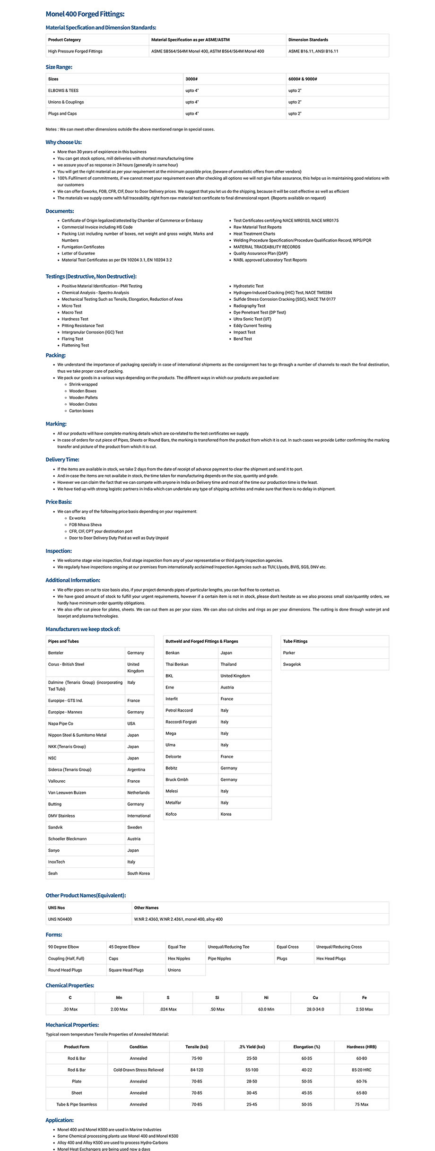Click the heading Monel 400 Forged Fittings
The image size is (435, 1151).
click(x=85, y=14)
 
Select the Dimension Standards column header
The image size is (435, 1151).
click(x=308, y=40)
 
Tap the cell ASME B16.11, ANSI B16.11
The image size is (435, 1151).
click(x=313, y=51)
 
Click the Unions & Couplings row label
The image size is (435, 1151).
click(x=66, y=102)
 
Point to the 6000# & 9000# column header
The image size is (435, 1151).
click(x=303, y=79)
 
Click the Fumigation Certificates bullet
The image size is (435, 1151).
click(x=83, y=247)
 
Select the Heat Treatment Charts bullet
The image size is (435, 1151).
click(x=254, y=234)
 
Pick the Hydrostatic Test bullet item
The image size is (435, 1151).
click(x=248, y=286)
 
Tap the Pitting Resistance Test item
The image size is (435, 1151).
click(x=82, y=326)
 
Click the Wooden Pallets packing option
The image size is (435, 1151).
click(x=83, y=398)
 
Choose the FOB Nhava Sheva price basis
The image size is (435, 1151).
click(x=85, y=525)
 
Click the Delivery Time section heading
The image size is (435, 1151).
click(x=62, y=460)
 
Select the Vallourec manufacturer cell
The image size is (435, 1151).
click(x=57, y=781)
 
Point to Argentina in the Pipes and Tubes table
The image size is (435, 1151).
click(x=136, y=770)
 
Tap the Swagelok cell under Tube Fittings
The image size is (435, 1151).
click(x=292, y=664)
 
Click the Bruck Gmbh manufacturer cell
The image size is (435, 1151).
click(x=177, y=780)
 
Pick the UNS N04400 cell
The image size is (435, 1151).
click(x=60, y=919)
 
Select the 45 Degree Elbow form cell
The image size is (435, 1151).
click(x=124, y=947)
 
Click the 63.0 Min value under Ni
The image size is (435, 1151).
click(x=266, y=1009)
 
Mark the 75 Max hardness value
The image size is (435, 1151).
click(x=361, y=1105)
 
